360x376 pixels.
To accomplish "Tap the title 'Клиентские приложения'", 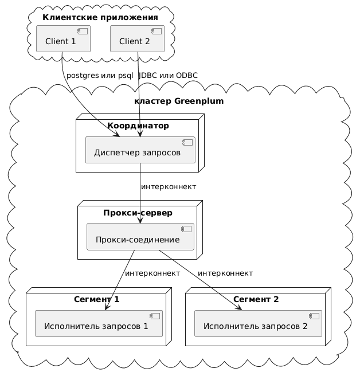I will click(100, 17).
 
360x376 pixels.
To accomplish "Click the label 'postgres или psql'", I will click(100, 76).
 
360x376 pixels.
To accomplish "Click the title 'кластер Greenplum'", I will click(178, 101).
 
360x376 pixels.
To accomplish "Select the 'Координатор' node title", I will click(138, 126).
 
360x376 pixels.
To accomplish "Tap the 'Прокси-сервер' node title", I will click(138, 213).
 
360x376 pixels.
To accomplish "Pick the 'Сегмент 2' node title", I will click(256, 299).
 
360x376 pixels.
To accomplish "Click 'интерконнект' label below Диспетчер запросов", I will click(169, 187).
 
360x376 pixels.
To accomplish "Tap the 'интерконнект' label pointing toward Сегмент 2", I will click(225, 273).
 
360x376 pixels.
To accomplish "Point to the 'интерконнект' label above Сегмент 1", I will click(152, 273).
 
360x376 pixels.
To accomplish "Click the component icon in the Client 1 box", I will click(84, 31).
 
